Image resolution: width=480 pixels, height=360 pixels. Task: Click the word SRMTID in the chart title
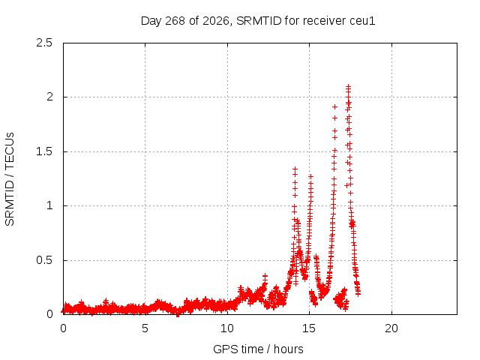tap(259, 21)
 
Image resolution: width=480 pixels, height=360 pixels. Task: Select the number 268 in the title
tap(175, 21)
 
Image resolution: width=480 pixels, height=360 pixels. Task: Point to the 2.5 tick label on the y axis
tap(44, 43)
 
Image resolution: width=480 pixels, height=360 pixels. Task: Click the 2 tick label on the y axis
tap(49, 97)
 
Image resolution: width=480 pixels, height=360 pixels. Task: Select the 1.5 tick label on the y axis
tap(44, 151)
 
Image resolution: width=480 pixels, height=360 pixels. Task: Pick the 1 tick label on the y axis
tap(50, 205)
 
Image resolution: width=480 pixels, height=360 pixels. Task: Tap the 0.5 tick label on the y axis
tap(44, 260)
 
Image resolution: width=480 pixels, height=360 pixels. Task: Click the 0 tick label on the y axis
tap(49, 314)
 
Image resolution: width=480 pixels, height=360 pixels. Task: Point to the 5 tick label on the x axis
tap(145, 328)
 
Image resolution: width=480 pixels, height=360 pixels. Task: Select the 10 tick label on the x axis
tap(227, 328)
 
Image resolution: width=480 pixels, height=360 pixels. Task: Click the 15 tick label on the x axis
tap(309, 328)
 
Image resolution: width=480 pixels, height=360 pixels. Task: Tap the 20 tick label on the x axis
tap(391, 328)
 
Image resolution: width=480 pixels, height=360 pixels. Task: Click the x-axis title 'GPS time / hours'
tap(258, 349)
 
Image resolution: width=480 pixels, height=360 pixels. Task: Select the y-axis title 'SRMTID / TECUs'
tap(10, 179)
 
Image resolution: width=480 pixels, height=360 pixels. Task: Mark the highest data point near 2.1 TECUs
tap(348, 87)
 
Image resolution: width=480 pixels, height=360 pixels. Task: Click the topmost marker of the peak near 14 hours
tap(295, 169)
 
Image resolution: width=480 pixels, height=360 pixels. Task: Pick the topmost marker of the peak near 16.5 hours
tap(335, 106)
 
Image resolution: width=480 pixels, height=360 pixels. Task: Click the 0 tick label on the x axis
tap(63, 328)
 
